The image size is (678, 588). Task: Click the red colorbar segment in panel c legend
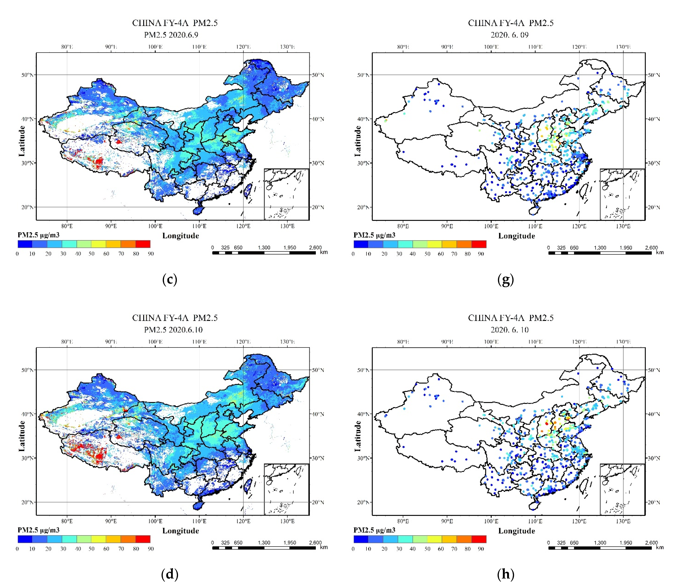[143, 244]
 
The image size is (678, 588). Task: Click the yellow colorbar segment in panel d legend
[98, 539]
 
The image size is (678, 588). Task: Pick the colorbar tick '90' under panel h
[481, 549]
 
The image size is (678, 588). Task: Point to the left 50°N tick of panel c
[27, 75]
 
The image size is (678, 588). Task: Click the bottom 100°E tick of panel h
[491, 521]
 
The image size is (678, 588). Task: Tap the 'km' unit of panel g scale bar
[660, 252]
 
